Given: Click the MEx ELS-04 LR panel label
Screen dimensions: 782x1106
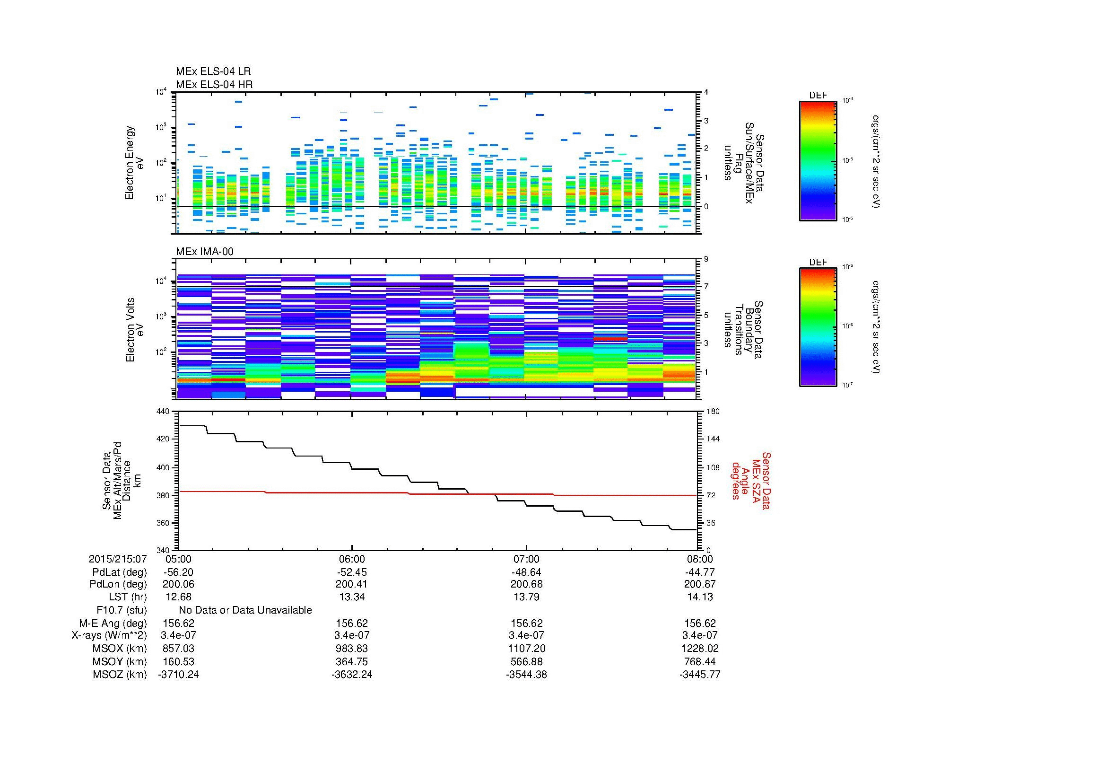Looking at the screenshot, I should pyautogui.click(x=213, y=71).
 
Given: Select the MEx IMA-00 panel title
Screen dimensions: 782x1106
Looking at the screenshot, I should pyautogui.click(x=205, y=252).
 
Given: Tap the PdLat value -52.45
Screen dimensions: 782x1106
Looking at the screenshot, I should pyautogui.click(x=352, y=572).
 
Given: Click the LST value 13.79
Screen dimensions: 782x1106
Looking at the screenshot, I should pyautogui.click(x=526, y=597).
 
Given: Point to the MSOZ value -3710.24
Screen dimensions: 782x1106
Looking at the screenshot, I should pyautogui.click(x=178, y=675).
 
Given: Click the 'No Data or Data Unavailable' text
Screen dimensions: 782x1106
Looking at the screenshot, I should pyautogui.click(x=245, y=610).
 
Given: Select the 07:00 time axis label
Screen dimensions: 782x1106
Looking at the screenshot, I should pyautogui.click(x=526, y=559).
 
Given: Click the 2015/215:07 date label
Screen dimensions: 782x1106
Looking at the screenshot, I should pyautogui.click(x=118, y=559).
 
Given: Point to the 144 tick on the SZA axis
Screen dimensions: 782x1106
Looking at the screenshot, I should pyautogui.click(x=712, y=439).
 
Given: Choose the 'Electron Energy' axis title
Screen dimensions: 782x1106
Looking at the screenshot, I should pyautogui.click(x=130, y=163).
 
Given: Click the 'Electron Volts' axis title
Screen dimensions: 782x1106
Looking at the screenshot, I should pyautogui.click(x=130, y=330).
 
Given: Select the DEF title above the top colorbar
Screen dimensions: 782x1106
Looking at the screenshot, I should pyautogui.click(x=818, y=96).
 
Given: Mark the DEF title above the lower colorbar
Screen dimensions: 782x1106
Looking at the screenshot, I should pyautogui.click(x=818, y=263).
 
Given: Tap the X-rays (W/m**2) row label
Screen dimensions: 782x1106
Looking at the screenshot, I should pyautogui.click(x=109, y=635).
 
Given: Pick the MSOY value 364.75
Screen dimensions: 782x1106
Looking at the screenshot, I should pyautogui.click(x=352, y=661).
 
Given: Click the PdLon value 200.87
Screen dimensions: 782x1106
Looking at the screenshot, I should pyautogui.click(x=700, y=584).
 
